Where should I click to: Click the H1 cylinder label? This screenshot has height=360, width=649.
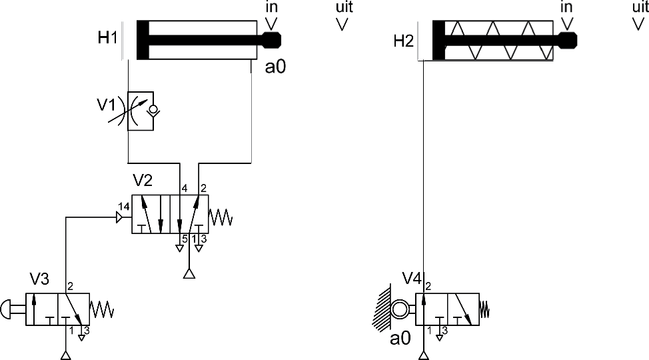[108, 38]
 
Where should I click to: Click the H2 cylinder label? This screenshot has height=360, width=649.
[404, 41]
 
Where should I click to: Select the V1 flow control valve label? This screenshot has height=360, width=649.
[107, 105]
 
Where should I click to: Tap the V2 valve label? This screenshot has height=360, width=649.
[143, 180]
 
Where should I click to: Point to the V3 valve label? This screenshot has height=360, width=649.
[39, 279]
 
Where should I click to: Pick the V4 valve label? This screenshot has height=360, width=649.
[412, 279]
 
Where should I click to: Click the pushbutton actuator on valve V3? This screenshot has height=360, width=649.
[13, 309]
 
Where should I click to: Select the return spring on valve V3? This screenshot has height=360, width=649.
[101, 309]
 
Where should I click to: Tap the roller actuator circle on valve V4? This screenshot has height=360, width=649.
[400, 309]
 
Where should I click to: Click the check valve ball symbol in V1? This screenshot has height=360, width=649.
[153, 110]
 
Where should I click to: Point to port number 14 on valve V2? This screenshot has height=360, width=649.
[124, 206]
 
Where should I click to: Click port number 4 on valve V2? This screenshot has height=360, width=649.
[185, 189]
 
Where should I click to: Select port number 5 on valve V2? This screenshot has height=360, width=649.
[185, 239]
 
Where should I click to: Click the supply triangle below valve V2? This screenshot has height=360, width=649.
[189, 273]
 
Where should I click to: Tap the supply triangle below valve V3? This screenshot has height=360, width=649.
[66, 355]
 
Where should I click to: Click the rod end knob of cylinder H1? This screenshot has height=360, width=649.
[271, 40]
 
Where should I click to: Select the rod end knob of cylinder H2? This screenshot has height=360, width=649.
[568, 41]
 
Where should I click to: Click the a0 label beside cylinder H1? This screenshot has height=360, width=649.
[275, 67]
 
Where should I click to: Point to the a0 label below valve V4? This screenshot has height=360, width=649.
[400, 339]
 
